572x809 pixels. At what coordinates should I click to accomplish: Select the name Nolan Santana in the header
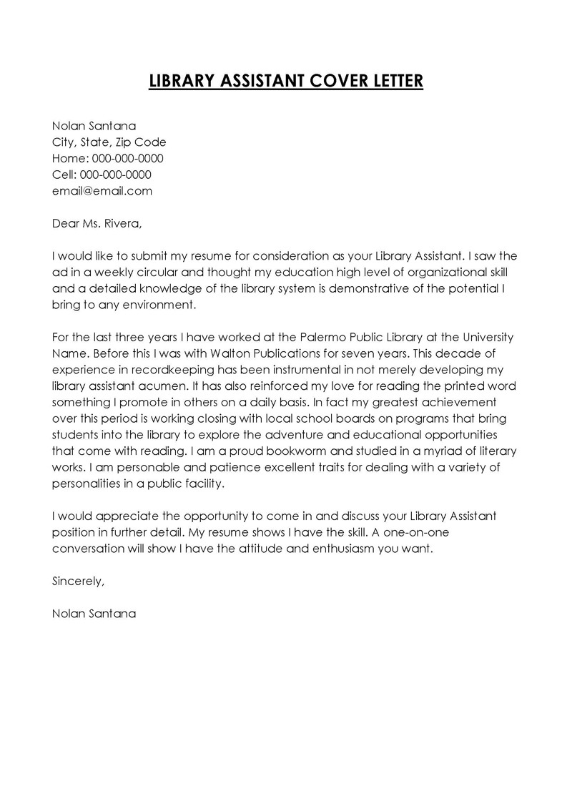point(94,126)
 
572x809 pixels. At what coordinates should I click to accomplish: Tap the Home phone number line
point(108,158)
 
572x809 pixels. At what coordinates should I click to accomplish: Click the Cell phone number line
point(102,175)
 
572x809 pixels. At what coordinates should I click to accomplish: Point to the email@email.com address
point(102,191)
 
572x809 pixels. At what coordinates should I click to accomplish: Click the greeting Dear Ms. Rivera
point(97,223)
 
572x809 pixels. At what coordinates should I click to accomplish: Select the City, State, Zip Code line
point(109,142)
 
